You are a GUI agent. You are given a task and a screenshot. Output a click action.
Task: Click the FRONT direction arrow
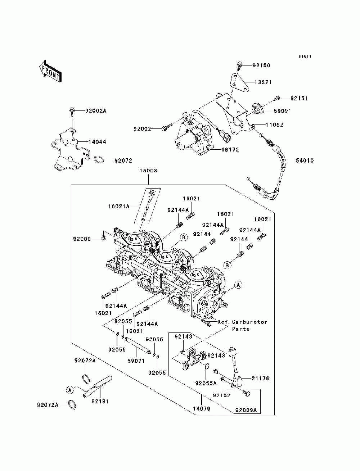coord(50,71)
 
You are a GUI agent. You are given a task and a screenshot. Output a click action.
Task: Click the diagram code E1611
coord(305,56)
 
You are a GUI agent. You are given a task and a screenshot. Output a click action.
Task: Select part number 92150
coord(261,65)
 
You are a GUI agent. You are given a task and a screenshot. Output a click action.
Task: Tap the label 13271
coord(263,82)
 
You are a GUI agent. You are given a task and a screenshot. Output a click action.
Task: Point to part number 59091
coord(282,111)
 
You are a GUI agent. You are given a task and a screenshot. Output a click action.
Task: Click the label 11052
coord(275,124)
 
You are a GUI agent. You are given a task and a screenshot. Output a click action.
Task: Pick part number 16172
coord(230,150)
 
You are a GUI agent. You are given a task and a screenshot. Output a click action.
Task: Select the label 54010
coord(305,160)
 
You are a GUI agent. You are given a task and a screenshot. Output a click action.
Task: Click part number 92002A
coord(96,111)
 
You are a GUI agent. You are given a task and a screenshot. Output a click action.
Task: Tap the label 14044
coord(97,142)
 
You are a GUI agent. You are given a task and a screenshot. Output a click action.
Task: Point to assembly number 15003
coord(148,171)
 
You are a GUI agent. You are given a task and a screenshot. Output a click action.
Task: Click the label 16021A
coord(119,207)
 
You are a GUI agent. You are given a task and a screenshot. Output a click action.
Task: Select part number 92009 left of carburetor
coord(82,239)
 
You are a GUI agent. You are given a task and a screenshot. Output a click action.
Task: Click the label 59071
coord(136,361)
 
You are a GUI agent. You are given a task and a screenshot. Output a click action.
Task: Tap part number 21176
coord(260,378)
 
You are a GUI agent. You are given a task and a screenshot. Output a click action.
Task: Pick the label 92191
coord(100,401)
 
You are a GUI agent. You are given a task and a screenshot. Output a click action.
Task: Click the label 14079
coord(201,409)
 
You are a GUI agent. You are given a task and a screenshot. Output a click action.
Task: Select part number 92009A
coord(246,410)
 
